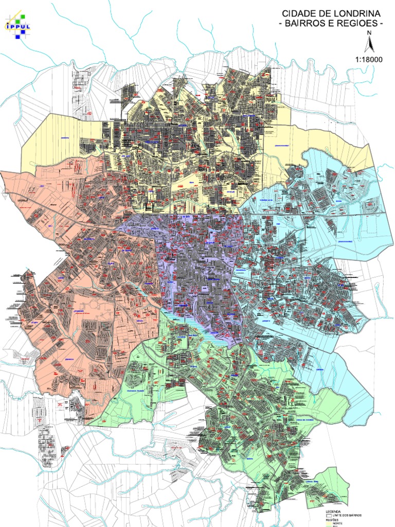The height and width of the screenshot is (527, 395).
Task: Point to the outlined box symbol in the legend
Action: click(329, 515)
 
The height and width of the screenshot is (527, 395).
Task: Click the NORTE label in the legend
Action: click(338, 523)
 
